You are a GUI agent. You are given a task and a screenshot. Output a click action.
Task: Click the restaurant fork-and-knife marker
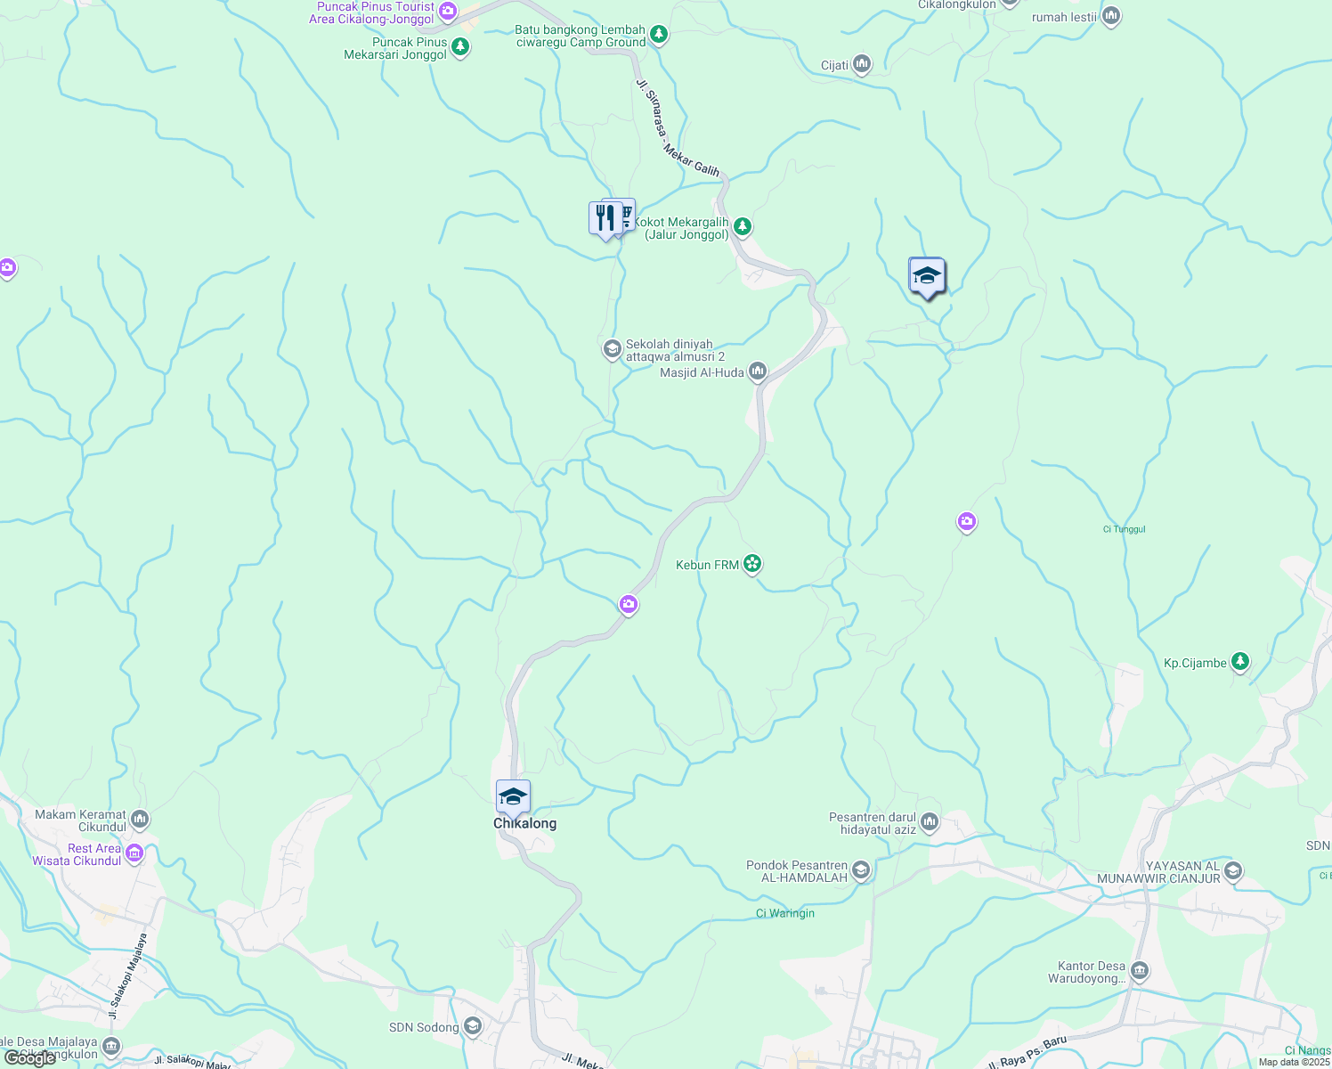(x=605, y=217)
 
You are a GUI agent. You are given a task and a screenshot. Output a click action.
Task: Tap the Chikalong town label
(x=524, y=823)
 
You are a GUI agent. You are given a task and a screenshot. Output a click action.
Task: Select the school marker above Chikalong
(x=513, y=796)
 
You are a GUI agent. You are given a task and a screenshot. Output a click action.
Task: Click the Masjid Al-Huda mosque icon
(x=758, y=371)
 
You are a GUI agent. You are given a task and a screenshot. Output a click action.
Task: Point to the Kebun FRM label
(x=707, y=565)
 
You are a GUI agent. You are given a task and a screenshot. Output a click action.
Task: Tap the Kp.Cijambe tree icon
(x=1240, y=662)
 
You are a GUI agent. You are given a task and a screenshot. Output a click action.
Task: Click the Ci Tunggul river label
(x=1124, y=529)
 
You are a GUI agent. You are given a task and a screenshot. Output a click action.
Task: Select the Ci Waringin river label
(x=784, y=913)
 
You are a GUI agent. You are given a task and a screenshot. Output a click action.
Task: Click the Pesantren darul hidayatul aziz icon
(x=930, y=821)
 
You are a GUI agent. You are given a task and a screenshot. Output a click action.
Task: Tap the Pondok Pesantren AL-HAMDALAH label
(x=797, y=871)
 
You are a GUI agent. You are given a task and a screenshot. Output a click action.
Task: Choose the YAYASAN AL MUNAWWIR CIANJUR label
(x=1158, y=872)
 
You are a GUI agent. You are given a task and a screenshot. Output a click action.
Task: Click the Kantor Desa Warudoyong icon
(x=1140, y=970)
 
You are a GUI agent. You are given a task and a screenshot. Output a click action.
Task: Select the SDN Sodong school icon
(x=473, y=1027)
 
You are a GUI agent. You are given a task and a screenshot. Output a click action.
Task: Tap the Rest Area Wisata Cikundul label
(x=77, y=854)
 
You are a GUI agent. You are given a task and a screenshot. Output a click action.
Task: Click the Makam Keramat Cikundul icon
(x=140, y=819)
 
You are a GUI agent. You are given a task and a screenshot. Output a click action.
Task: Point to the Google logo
(x=30, y=1058)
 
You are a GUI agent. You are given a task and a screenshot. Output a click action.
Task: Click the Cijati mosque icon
(x=861, y=64)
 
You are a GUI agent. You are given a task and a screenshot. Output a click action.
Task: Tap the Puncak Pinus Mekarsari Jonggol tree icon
(x=460, y=46)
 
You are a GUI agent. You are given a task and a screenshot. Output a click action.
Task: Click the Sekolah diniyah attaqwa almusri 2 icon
(x=612, y=349)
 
